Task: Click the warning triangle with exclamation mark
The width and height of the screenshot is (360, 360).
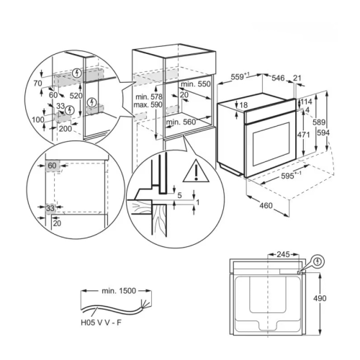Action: (x=196, y=171)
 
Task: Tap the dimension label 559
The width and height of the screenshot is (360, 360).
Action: (x=238, y=77)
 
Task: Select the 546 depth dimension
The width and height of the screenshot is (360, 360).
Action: (x=278, y=78)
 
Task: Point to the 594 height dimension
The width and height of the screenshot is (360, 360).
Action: (x=323, y=132)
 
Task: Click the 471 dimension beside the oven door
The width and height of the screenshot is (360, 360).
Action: (x=304, y=135)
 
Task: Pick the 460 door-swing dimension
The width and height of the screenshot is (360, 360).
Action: (x=266, y=205)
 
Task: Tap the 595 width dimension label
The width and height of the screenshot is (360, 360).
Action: (x=287, y=176)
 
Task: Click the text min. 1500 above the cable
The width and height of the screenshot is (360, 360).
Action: (x=119, y=291)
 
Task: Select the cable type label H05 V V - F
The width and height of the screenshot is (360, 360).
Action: (x=101, y=323)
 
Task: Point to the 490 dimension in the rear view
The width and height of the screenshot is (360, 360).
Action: (x=320, y=298)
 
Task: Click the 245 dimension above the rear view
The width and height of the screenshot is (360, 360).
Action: (x=283, y=254)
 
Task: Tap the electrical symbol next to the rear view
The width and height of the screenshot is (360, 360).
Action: (x=318, y=261)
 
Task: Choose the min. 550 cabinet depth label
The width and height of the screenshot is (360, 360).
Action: (x=196, y=84)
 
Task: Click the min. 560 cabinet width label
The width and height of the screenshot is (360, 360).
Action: (x=181, y=122)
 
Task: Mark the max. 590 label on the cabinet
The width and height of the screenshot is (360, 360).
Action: (x=148, y=104)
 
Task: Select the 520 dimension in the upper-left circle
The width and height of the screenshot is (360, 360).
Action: (x=76, y=96)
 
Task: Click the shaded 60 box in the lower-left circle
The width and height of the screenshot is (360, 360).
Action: (x=52, y=166)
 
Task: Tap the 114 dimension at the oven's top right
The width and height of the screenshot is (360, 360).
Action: (x=307, y=102)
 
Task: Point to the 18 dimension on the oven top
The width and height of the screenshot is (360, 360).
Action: (x=243, y=105)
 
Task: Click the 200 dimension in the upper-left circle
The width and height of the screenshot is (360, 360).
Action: (x=66, y=129)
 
